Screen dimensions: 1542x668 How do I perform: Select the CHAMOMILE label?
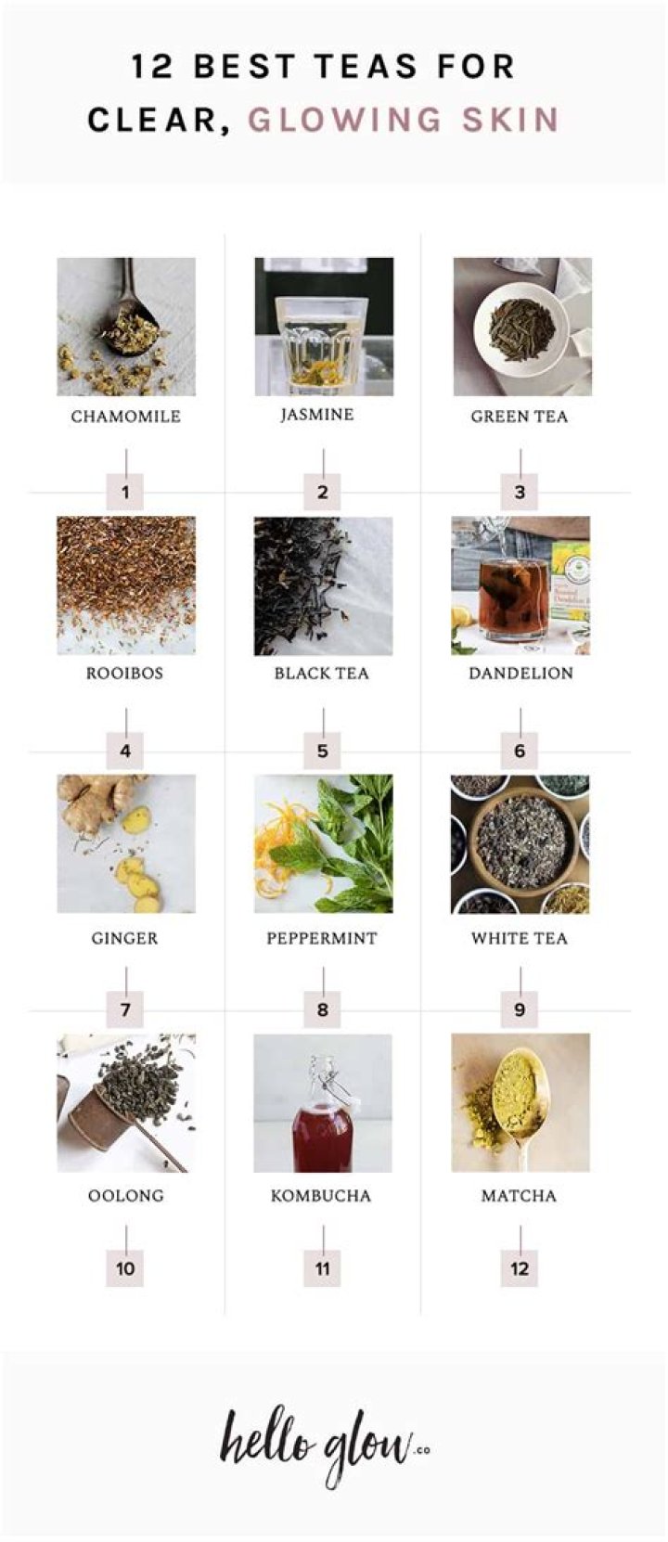[125, 417]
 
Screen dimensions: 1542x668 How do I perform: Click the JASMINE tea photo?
[324, 327]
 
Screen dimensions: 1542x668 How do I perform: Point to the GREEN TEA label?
[519, 417]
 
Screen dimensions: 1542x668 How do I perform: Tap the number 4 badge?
[125, 751]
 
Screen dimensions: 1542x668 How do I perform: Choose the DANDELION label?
[520, 674]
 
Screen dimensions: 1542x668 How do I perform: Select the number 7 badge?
[125, 1009]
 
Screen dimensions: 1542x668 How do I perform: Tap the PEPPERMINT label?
[322, 938]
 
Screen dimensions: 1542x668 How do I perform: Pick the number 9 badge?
[520, 1009]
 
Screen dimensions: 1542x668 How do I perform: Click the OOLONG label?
[125, 1196]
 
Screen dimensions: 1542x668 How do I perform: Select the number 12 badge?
[520, 1268]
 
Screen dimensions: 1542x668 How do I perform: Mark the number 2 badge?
[322, 492]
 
